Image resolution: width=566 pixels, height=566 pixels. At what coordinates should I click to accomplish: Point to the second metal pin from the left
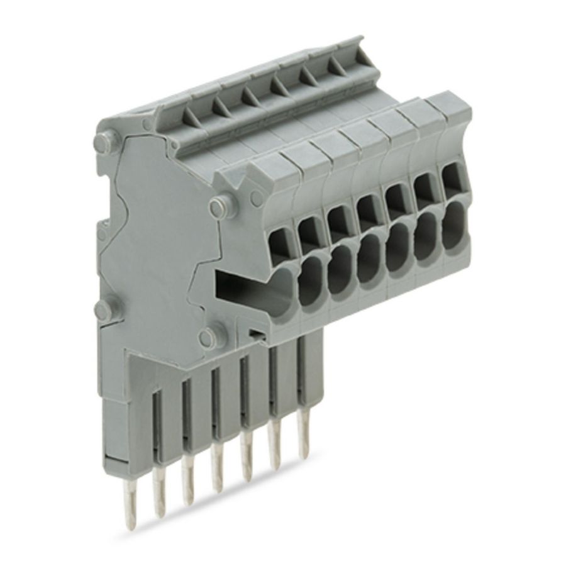[x=189, y=497]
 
